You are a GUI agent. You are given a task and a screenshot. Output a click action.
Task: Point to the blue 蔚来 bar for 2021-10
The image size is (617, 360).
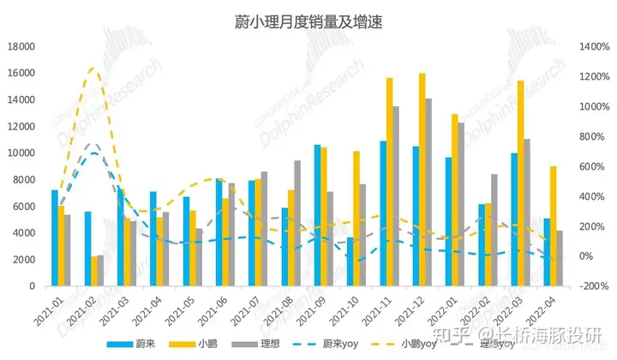pyautogui.click(x=350, y=261)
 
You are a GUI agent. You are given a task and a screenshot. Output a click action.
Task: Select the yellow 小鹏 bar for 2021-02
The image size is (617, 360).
pyautogui.click(x=93, y=271)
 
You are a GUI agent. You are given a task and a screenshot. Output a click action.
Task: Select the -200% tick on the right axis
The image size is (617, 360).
pyautogui.click(x=594, y=286)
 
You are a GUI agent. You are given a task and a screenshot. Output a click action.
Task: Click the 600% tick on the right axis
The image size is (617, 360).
pyautogui.click(x=594, y=166)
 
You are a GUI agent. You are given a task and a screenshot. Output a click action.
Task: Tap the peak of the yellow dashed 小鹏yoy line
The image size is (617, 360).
pyautogui.click(x=94, y=68)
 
